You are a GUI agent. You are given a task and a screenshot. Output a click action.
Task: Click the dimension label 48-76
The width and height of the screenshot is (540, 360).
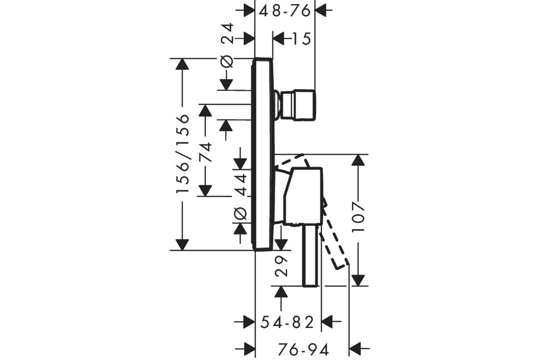[284, 11]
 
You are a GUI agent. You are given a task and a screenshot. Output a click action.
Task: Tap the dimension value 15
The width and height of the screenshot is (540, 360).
[301, 39]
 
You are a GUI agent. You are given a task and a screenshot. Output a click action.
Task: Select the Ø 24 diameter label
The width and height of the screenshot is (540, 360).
[227, 45]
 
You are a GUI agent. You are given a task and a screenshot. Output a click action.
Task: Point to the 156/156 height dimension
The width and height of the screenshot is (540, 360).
[183, 153]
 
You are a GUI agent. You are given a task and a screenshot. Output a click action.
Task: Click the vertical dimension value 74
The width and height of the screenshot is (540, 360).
[205, 153]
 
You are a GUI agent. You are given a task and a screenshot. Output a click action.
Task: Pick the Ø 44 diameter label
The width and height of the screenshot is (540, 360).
[241, 197]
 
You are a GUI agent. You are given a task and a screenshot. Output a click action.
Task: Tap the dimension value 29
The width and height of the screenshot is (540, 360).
[281, 266]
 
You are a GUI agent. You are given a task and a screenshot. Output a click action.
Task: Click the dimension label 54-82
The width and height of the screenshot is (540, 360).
[287, 322]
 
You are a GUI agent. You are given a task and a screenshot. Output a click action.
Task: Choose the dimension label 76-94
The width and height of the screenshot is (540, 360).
[303, 349]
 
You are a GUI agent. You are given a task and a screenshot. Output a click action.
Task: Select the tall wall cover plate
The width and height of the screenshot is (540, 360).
[263, 154]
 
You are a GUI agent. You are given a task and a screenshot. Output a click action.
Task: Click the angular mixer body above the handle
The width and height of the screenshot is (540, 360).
[302, 196]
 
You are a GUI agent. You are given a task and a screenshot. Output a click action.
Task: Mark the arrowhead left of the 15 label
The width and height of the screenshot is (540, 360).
[279, 39]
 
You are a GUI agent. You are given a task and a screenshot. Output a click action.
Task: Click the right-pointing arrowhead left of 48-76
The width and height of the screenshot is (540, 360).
[249, 10]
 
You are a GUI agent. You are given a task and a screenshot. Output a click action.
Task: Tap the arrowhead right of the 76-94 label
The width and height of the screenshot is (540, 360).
[355, 348]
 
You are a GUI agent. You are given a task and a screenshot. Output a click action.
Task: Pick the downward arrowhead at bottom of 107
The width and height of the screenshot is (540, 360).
[358, 280]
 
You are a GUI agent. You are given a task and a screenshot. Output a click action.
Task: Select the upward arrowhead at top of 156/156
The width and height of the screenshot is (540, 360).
[182, 64]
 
